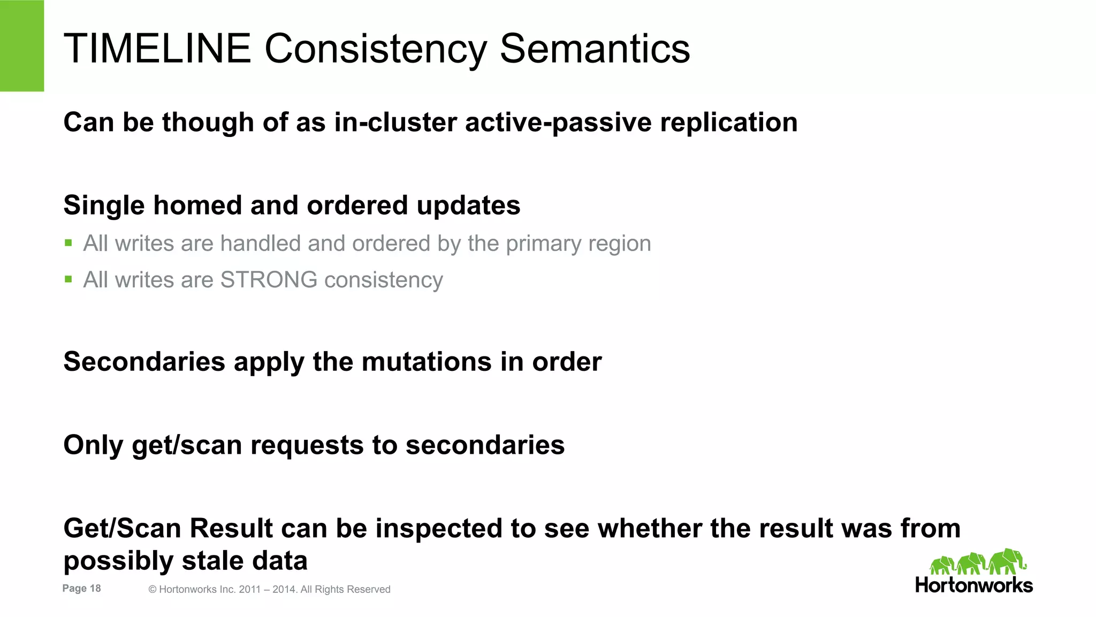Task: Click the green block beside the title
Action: (21, 45)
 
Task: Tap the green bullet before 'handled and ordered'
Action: (68, 243)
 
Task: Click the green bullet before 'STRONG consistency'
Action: (68, 279)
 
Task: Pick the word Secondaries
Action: (144, 362)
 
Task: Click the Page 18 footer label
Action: (81, 588)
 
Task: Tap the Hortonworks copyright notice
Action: (269, 589)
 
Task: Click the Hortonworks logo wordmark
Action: (973, 585)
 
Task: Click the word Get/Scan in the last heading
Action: (122, 529)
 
